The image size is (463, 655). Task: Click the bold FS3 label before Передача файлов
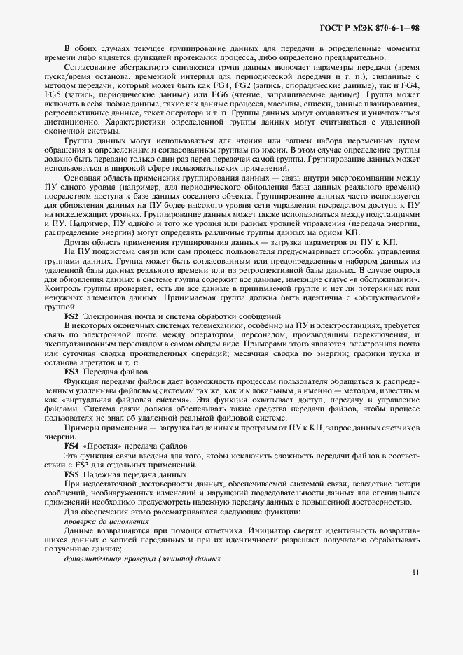(x=71, y=372)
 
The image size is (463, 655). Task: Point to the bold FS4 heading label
(x=71, y=445)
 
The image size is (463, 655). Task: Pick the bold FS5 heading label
(x=71, y=474)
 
